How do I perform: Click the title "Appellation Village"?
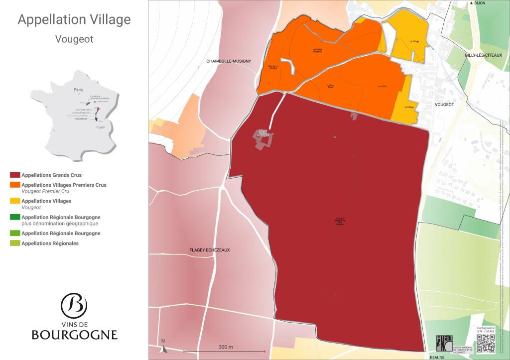tap(74, 20)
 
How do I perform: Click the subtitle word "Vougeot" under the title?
tap(74, 39)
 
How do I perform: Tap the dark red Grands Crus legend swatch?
tap(14, 175)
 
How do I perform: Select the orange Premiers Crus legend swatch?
tap(14, 185)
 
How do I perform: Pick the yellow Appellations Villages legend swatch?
tap(14, 201)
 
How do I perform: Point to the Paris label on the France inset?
tap(78, 90)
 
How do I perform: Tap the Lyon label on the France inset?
tap(102, 127)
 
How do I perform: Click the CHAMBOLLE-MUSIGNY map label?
tap(229, 61)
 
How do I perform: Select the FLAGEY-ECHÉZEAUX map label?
tap(209, 249)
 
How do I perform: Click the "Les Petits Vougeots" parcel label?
tap(317, 50)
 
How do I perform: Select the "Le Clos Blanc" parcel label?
tap(330, 86)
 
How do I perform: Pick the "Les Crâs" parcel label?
tap(382, 87)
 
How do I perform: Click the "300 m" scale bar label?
tap(226, 347)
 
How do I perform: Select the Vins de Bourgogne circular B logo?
tap(74, 305)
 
